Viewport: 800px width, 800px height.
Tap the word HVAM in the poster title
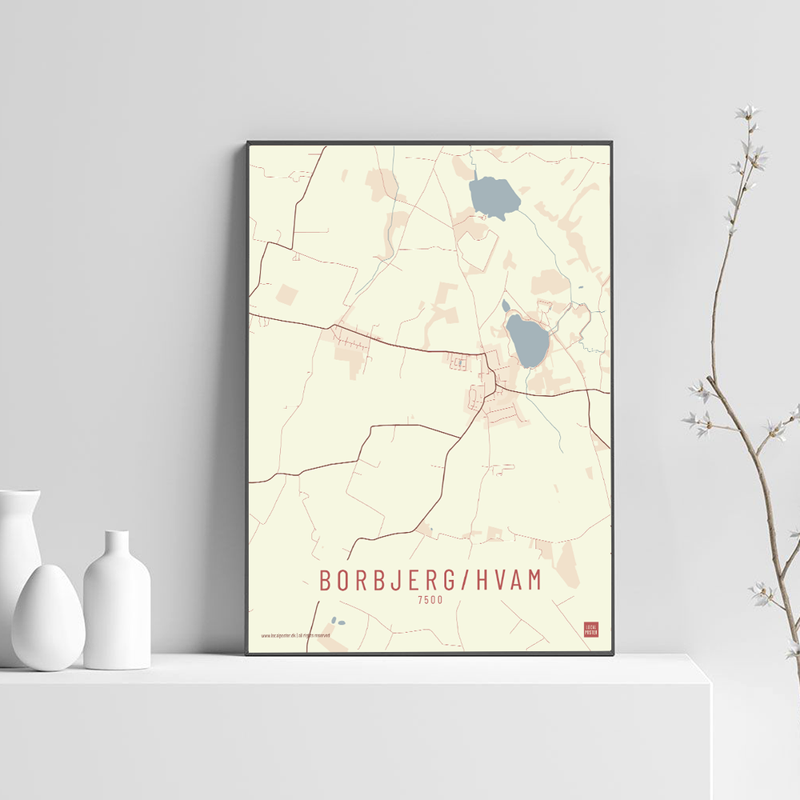click(509, 580)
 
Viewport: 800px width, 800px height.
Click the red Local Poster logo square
click(590, 629)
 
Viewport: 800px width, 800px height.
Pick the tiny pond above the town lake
click(506, 306)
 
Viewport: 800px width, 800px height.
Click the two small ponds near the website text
click(338, 622)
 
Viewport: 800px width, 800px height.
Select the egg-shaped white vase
click(47, 617)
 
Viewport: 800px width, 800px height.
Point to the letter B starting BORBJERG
click(326, 580)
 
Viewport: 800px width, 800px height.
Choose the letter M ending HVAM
click(534, 580)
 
